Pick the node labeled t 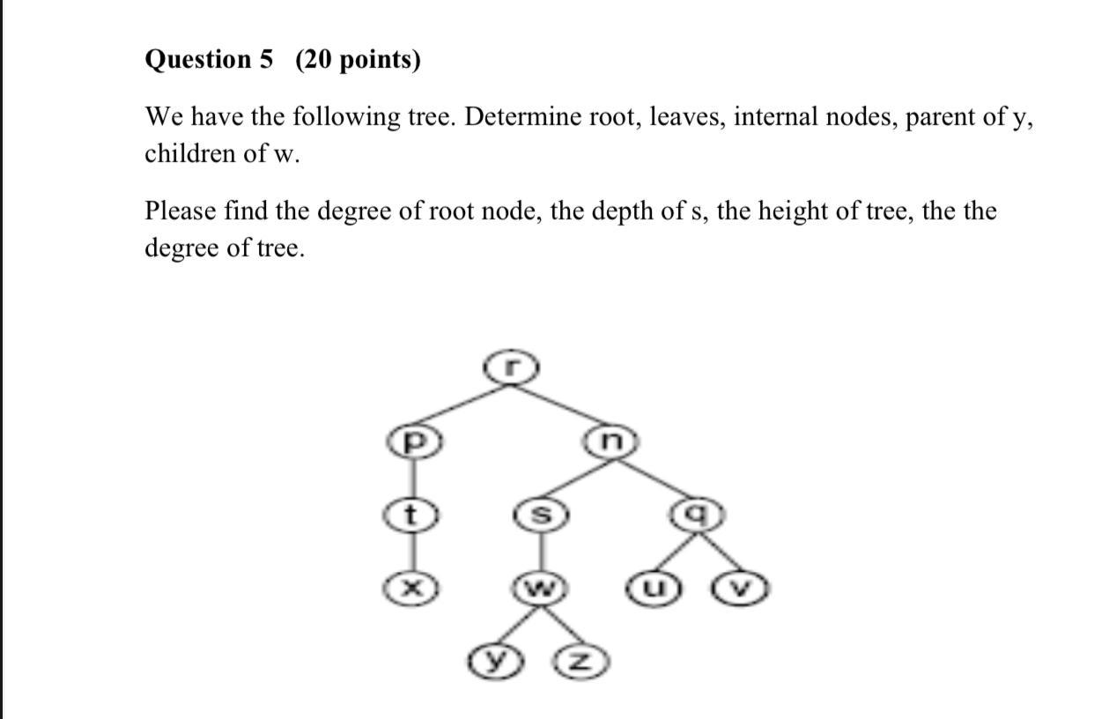(x=408, y=515)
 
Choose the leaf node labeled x (x=408, y=589)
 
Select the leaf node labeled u (x=653, y=589)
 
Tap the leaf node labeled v (x=743, y=589)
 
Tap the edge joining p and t (x=408, y=478)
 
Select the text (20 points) (x=358, y=60)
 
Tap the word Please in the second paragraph (x=181, y=211)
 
